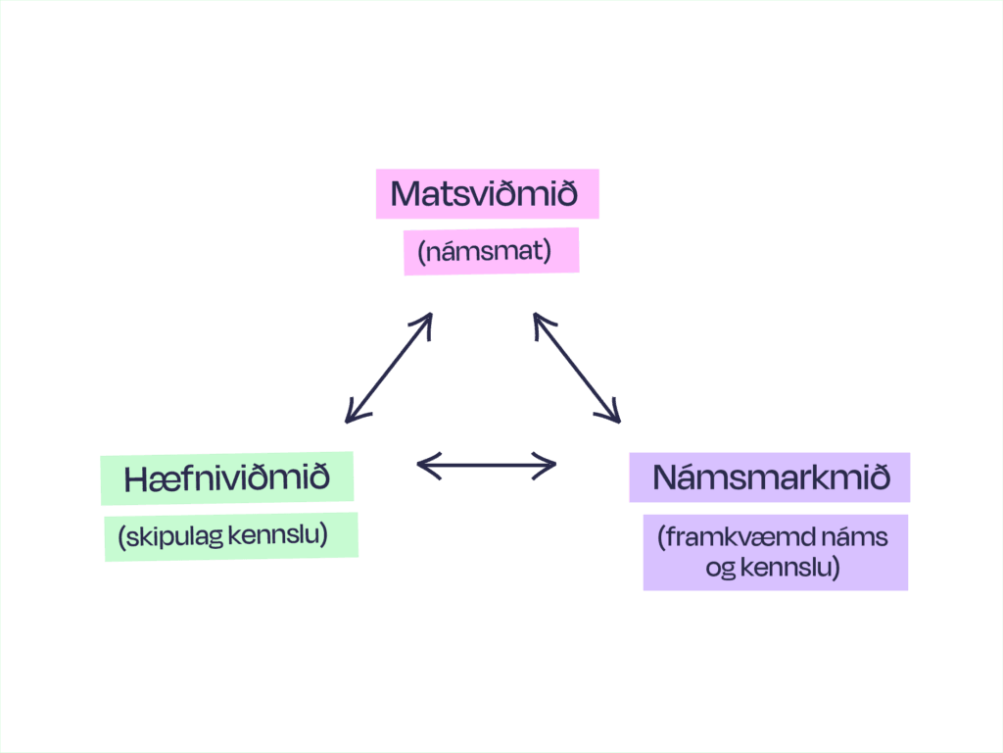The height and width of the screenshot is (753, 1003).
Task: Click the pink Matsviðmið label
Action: click(487, 194)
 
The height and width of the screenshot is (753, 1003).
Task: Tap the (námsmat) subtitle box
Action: click(491, 251)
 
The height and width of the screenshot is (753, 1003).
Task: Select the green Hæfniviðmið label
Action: click(226, 478)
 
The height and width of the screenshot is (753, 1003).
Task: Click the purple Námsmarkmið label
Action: click(770, 477)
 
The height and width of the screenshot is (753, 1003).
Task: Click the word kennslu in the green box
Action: click(291, 535)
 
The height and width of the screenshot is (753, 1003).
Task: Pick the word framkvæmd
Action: click(744, 537)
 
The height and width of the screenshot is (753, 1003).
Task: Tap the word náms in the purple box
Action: click(859, 537)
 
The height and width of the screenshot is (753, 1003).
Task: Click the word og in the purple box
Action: click(720, 568)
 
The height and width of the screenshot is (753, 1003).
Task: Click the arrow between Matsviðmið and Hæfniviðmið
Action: click(389, 368)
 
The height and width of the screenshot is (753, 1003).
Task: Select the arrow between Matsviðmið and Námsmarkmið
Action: click(577, 368)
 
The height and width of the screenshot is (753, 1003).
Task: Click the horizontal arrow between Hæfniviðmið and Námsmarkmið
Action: click(487, 465)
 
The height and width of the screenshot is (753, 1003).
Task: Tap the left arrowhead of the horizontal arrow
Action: click(424, 465)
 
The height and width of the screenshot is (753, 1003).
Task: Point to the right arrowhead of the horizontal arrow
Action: click(549, 465)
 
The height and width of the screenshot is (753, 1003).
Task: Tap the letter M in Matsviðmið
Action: click(406, 194)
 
